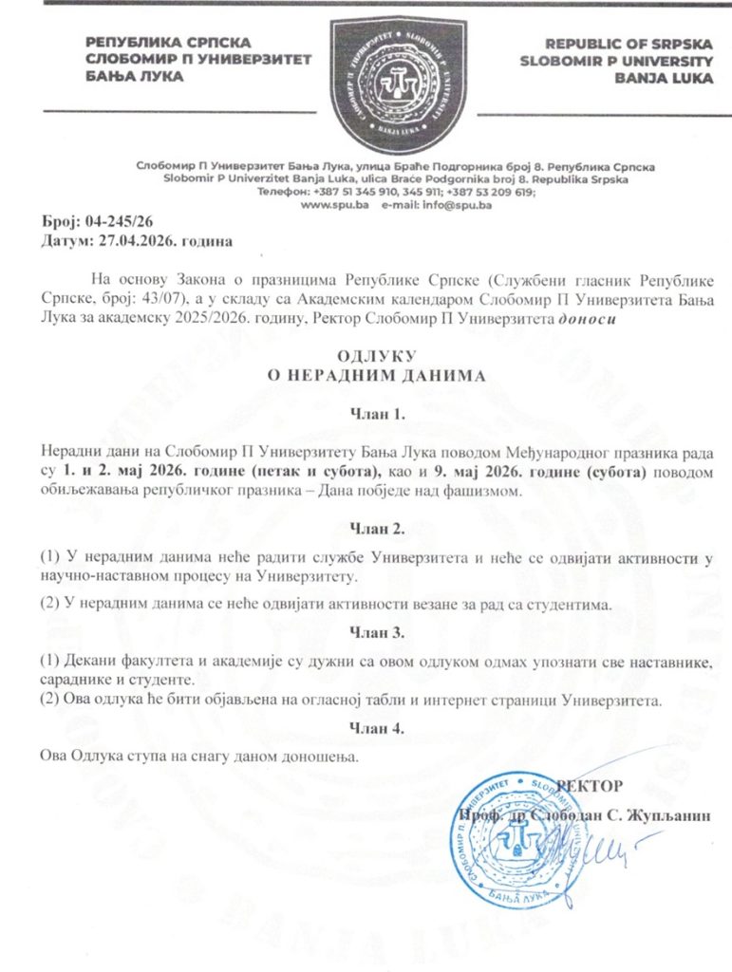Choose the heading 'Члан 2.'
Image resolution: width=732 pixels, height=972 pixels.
(x=378, y=528)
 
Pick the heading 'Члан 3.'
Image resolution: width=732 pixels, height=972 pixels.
(x=378, y=631)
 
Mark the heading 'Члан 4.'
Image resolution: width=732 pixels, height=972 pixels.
(x=378, y=729)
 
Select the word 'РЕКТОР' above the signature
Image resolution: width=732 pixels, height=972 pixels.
(x=590, y=786)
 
